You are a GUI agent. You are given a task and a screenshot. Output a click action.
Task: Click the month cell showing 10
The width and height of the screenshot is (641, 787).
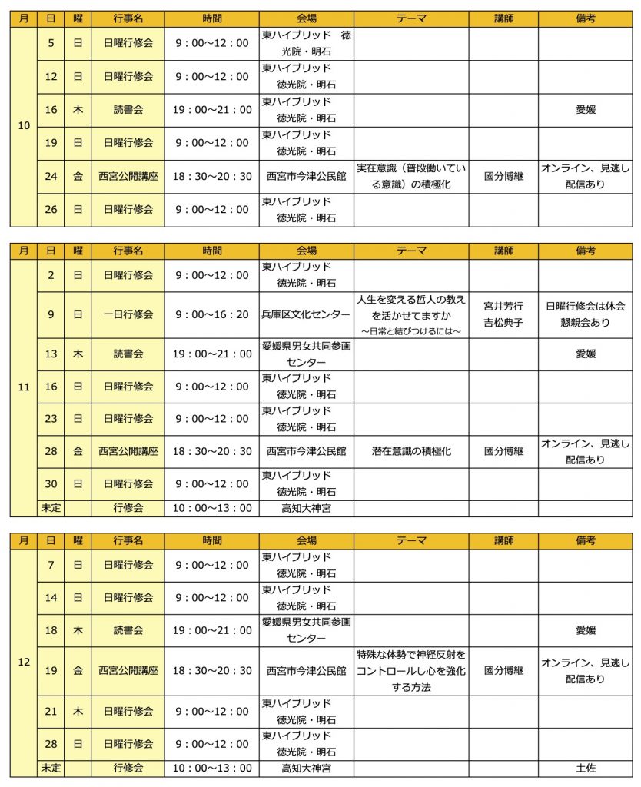[x=24, y=126]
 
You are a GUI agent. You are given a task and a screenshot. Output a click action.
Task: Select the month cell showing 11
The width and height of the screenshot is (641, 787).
[x=24, y=387]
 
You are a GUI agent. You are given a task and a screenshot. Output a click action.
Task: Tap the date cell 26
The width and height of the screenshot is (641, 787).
[x=51, y=209]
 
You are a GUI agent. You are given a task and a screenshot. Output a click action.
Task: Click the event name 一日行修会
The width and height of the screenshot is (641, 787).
[x=128, y=314]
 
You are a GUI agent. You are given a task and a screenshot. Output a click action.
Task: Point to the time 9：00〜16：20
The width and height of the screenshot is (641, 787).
[x=211, y=314]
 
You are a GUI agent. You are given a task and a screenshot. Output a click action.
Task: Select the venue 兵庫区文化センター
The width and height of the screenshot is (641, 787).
[x=306, y=314]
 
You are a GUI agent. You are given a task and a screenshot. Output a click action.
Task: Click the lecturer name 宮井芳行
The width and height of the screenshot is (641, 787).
[x=503, y=306]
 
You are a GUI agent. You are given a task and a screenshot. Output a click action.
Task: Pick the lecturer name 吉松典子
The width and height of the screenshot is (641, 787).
[x=503, y=323]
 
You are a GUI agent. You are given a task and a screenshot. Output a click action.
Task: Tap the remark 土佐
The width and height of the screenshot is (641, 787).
[x=586, y=768]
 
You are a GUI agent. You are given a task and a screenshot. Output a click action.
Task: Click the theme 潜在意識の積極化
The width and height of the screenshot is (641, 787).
[x=411, y=452]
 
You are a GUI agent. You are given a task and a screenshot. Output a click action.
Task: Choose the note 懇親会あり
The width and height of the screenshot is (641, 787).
[x=586, y=323]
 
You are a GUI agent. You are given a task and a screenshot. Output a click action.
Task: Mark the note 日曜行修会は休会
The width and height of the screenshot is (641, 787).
[x=586, y=306]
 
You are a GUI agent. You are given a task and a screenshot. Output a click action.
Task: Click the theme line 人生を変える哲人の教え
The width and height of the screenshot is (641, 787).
[x=411, y=299]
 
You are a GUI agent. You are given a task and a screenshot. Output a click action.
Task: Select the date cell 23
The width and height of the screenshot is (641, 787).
[x=51, y=419]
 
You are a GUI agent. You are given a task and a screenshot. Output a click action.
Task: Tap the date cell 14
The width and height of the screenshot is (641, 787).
[x=51, y=597]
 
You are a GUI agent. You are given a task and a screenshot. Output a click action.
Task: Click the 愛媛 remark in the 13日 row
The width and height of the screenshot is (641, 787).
[x=586, y=354]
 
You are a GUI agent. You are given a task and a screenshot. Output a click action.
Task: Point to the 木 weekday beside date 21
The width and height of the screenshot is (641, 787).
[x=78, y=712]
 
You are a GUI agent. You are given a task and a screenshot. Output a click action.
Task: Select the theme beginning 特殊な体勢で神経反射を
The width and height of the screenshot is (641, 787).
[x=411, y=655]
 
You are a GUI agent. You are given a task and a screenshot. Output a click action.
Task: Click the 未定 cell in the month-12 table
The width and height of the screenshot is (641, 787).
[x=51, y=768]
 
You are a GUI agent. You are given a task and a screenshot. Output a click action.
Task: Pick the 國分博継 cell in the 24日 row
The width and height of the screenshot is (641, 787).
[x=503, y=176]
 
